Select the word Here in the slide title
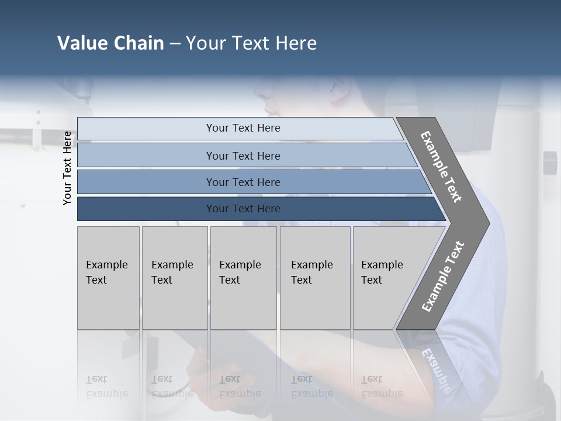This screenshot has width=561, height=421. (296, 43)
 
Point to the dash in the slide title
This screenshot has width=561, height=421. (175, 43)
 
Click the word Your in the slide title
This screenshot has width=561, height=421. (205, 43)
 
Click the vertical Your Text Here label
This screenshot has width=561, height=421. (68, 168)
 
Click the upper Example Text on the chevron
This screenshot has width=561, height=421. (441, 167)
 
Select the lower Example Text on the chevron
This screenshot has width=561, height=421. (443, 277)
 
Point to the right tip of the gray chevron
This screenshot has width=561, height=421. (488, 223)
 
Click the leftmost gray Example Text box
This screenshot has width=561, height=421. (108, 278)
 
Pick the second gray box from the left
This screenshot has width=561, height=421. (174, 278)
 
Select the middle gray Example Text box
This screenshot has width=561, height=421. (243, 278)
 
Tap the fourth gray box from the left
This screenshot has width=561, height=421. (314, 278)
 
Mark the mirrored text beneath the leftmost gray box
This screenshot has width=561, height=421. (106, 387)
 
